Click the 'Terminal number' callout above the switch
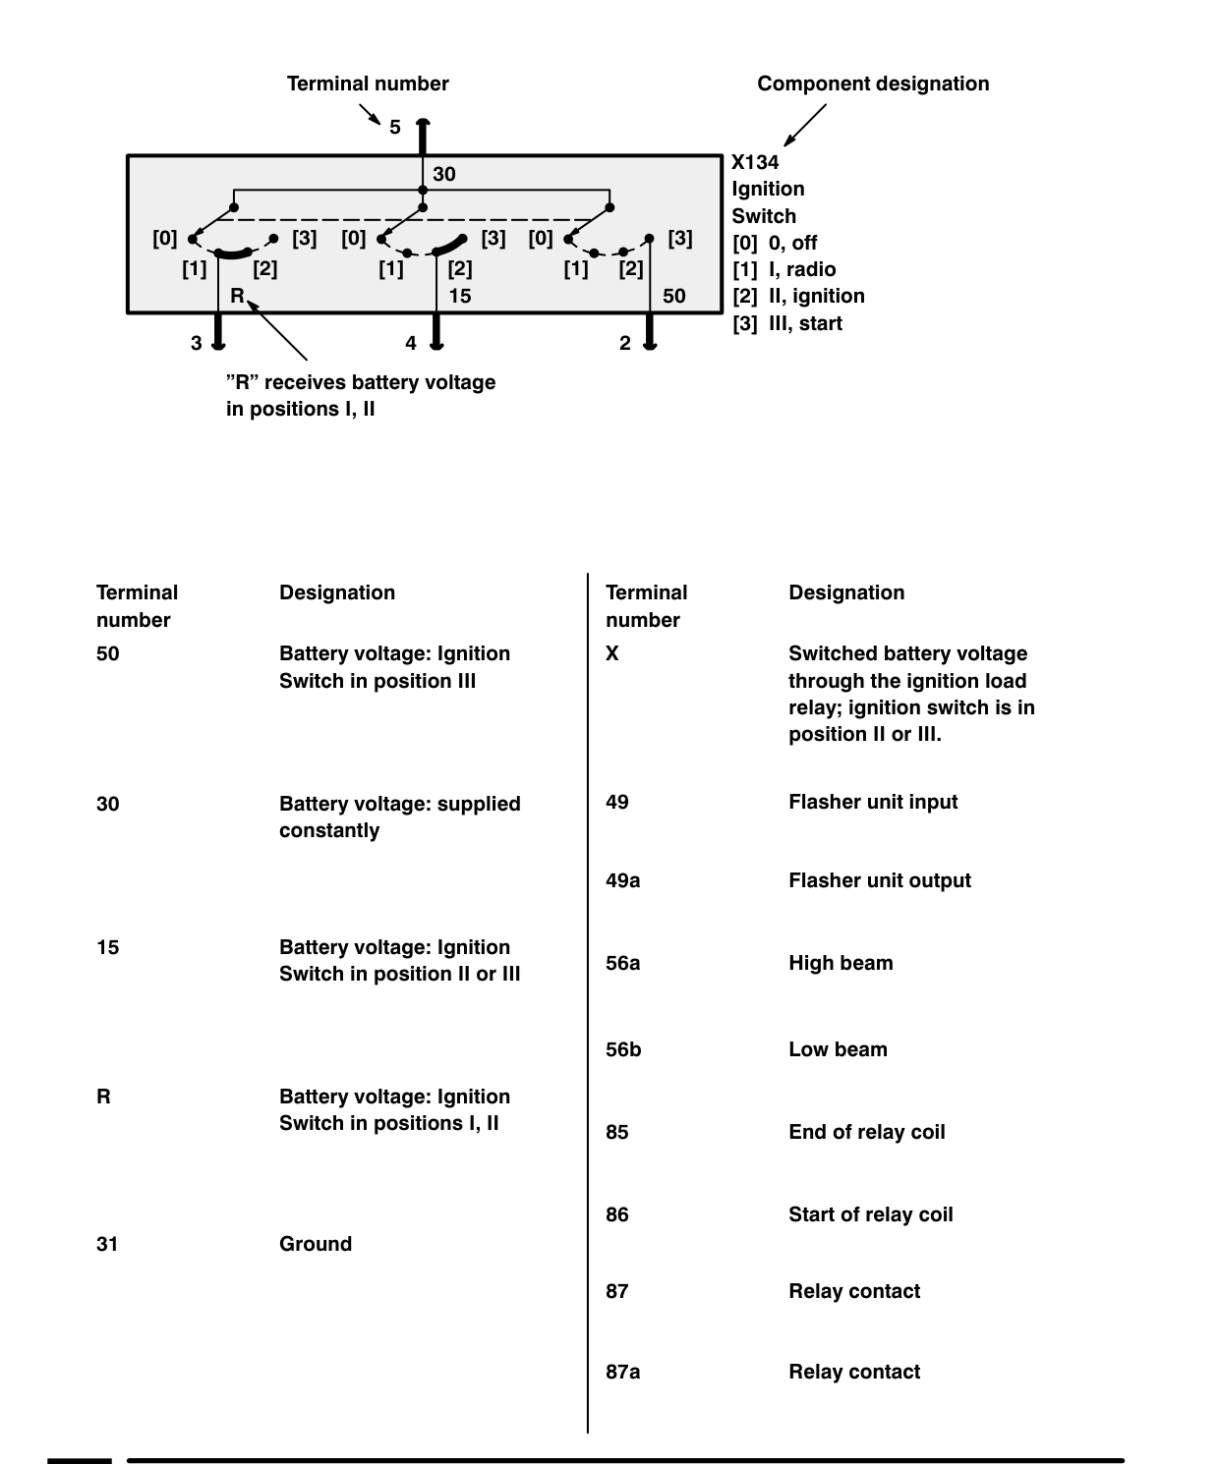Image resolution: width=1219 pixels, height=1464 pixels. click(368, 84)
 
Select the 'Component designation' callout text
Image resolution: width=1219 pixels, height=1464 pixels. click(873, 84)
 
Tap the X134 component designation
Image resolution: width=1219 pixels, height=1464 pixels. click(755, 162)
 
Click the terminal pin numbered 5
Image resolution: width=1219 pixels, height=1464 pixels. click(423, 137)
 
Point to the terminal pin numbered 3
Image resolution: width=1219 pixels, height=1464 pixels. click(218, 331)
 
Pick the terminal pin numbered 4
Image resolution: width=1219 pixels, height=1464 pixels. click(436, 331)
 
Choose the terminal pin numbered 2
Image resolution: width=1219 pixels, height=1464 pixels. click(650, 331)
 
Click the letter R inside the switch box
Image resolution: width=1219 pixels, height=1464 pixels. click(237, 296)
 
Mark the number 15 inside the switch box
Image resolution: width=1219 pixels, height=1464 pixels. click(460, 296)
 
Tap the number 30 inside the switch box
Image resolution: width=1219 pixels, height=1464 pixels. click(444, 174)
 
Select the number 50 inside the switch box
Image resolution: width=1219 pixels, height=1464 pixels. click(674, 296)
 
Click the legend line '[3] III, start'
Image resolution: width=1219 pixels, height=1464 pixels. click(787, 323)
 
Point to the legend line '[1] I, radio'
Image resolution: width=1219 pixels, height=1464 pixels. click(784, 269)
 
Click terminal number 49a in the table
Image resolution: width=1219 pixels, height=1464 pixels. click(623, 880)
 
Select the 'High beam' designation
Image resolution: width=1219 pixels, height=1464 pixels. click(841, 963)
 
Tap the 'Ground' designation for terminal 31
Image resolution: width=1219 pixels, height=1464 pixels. click(316, 1244)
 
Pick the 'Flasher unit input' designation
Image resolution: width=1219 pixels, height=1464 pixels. click(873, 802)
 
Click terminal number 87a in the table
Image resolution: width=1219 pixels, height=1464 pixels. click(623, 1373)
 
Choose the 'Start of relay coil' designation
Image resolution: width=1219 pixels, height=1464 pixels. click(871, 1214)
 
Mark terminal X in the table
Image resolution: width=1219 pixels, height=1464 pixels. click(612, 653)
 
